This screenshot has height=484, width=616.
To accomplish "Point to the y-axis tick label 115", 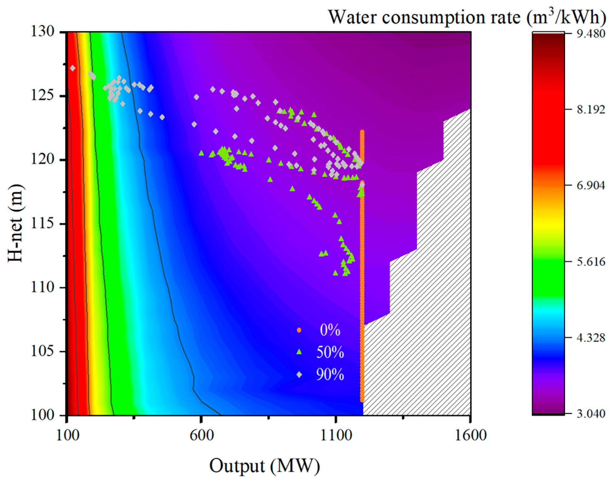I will click(42, 224).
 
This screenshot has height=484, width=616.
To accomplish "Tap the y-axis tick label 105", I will click(42, 351).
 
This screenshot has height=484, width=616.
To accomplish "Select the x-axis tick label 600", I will click(202, 435).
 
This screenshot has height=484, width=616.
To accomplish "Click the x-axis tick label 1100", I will click(336, 435).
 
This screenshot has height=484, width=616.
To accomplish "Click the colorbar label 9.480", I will click(591, 34).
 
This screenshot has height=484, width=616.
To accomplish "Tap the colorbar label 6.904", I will click(591, 185).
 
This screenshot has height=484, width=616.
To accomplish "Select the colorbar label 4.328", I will click(591, 338).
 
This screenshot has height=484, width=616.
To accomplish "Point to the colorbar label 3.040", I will click(591, 414).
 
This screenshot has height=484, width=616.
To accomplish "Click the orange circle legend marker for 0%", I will click(299, 330).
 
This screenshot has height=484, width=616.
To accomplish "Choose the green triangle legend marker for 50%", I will click(299, 352).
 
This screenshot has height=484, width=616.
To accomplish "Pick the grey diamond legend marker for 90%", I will click(299, 375).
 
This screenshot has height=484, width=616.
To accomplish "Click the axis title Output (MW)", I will click(264, 466).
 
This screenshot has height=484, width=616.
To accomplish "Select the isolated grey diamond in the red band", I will click(73, 68).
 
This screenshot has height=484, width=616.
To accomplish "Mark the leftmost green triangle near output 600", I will click(202, 153).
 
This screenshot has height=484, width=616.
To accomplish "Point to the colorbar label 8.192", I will click(591, 110).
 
